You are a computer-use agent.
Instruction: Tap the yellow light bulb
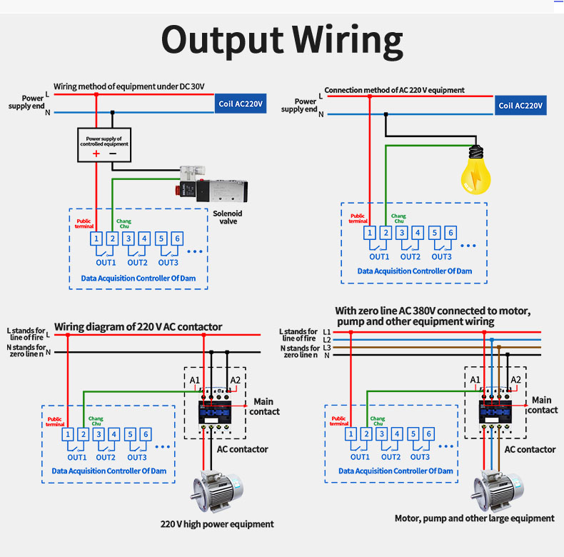click(472, 171)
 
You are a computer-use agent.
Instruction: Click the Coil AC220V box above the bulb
click(520, 106)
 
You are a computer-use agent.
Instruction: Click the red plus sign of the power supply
click(96, 153)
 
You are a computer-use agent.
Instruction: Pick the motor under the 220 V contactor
click(215, 492)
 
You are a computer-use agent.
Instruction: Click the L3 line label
click(327, 347)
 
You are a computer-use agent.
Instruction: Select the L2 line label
click(327, 340)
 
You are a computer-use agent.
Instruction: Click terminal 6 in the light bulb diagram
click(450, 232)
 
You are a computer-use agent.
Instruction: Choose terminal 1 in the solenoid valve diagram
click(96, 239)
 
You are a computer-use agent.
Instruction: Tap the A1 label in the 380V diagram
click(475, 379)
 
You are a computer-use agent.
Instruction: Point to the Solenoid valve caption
click(228, 217)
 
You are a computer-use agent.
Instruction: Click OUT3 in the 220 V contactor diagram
click(137, 457)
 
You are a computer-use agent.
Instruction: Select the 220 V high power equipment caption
click(217, 524)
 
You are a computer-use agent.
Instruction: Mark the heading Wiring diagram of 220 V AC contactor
click(138, 327)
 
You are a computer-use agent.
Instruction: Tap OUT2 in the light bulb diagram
click(410, 256)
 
